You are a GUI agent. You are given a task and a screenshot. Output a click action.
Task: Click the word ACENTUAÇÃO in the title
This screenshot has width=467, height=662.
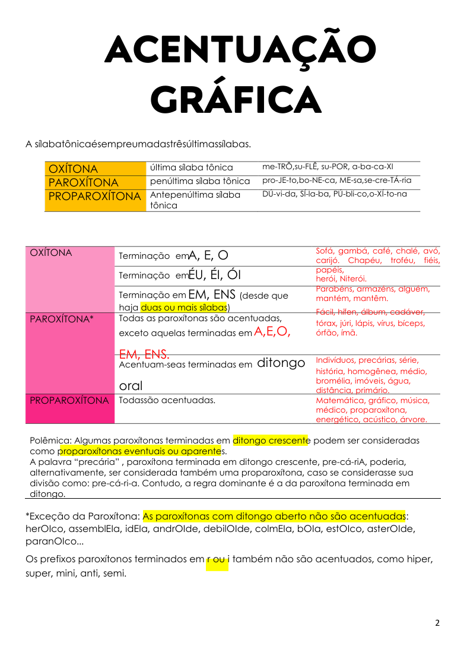pos(240,50)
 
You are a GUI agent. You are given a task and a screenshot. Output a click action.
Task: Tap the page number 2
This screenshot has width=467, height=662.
pos(437,623)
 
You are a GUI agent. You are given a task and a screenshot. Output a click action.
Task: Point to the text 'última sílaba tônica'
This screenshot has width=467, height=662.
pos(191,167)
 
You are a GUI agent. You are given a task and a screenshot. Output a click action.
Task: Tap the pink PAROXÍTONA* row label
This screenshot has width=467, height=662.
pos(62,319)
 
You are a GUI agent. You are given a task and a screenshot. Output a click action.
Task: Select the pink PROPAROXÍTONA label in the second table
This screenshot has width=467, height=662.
pos(69,400)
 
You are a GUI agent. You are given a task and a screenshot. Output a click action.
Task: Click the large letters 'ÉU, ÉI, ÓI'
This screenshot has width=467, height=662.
pos(214,275)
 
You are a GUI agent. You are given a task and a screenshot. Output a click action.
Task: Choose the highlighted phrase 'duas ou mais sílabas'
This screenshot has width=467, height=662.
pos(184,307)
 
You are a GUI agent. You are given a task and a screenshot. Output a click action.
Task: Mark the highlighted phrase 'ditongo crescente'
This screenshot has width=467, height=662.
pos(271,441)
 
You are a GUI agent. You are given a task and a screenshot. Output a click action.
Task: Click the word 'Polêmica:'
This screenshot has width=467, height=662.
pos(50,441)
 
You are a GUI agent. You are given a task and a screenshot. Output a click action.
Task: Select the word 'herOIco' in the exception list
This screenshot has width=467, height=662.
pos(45,528)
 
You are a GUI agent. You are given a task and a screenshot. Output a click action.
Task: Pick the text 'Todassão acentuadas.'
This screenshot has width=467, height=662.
pos(167,400)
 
